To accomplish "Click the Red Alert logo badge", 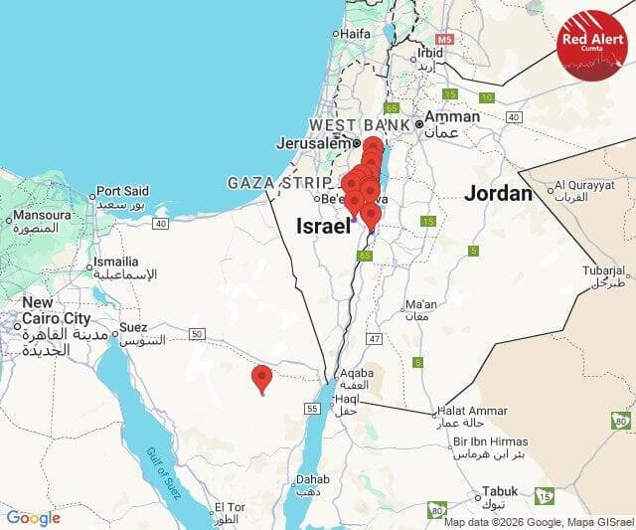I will [x=591, y=44].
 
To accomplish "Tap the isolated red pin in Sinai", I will [x=261, y=379].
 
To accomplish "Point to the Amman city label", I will [x=452, y=116].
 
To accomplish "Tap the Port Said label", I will [x=122, y=191].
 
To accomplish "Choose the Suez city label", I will [x=132, y=327].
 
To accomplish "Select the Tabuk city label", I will [x=500, y=491].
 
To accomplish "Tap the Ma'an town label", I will [x=421, y=303].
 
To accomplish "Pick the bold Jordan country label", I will [x=498, y=193].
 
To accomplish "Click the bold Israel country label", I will [x=324, y=227].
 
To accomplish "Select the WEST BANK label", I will [x=360, y=125].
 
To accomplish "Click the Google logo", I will [x=33, y=517].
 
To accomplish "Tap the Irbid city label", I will [x=430, y=53].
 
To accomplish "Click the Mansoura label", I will [x=41, y=214].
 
